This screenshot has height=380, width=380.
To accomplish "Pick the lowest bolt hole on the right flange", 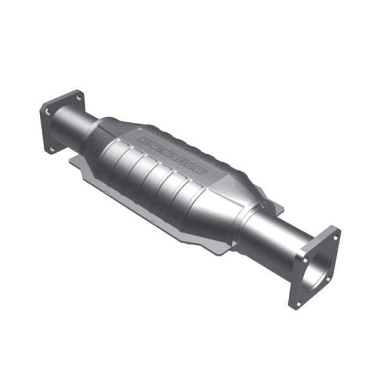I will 296,303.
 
